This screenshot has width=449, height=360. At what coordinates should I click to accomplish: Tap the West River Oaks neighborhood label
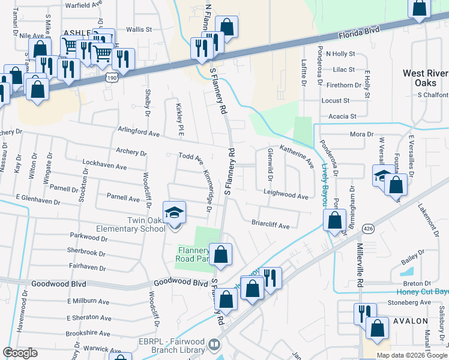[x=425, y=78]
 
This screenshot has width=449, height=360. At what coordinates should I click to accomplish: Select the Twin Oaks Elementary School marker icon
[x=175, y=214]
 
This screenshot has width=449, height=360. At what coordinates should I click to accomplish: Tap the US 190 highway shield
[x=111, y=77]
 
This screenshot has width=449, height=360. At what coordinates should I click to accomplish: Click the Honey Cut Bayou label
[x=423, y=292]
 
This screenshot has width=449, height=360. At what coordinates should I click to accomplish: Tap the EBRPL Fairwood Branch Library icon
[x=214, y=345]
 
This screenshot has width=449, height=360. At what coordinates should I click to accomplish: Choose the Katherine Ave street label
[x=297, y=155]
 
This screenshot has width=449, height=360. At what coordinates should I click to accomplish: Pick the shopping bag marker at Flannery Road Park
[x=221, y=254]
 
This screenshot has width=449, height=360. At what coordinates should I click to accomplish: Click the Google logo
[x=20, y=353]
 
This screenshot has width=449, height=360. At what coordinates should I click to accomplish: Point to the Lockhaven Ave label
[x=104, y=163]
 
